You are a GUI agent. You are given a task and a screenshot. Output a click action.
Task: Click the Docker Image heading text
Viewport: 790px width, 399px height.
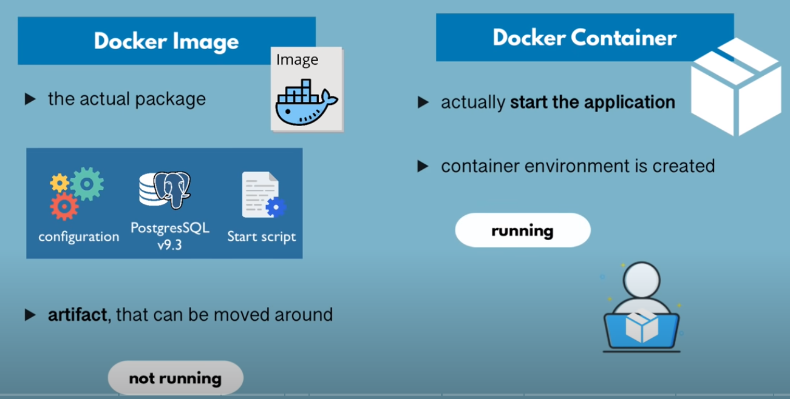click(x=166, y=42)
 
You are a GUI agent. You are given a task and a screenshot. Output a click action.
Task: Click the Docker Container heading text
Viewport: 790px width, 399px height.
click(x=584, y=38)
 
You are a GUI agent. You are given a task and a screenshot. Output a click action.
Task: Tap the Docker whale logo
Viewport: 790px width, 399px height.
click(x=307, y=102)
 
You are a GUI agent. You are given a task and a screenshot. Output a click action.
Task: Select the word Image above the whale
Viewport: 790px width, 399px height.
click(x=297, y=59)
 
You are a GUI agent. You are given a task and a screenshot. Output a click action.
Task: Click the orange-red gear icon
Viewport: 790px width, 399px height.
click(x=64, y=207)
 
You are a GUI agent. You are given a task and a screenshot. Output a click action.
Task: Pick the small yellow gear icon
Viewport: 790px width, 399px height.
click(x=60, y=183)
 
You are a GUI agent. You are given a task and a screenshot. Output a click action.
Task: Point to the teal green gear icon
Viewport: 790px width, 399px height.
click(x=87, y=184)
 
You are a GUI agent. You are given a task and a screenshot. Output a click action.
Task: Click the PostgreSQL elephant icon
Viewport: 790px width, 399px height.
click(x=172, y=189)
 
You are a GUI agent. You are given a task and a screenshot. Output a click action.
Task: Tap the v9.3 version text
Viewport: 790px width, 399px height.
click(x=169, y=244)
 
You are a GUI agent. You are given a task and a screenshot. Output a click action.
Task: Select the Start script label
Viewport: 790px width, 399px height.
click(x=261, y=236)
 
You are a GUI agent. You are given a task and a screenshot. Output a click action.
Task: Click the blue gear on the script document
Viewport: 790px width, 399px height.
click(x=276, y=207)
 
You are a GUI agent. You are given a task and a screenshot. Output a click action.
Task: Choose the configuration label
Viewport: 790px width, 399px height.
click(x=79, y=236)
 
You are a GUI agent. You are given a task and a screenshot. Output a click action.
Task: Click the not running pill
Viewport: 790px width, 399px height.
click(x=175, y=378)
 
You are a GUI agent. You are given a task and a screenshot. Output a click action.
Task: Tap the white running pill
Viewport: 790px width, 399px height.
click(x=523, y=230)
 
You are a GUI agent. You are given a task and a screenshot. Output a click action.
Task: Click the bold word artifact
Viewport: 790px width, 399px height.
click(x=77, y=315)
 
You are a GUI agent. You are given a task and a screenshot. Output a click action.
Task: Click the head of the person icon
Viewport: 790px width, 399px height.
click(x=641, y=280)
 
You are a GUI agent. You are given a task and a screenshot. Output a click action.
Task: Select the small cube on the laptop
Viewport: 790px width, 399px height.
click(x=642, y=326)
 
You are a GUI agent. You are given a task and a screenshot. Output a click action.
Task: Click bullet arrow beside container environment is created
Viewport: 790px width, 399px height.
click(x=423, y=166)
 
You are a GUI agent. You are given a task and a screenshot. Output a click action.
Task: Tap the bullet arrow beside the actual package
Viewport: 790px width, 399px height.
click(x=30, y=99)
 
